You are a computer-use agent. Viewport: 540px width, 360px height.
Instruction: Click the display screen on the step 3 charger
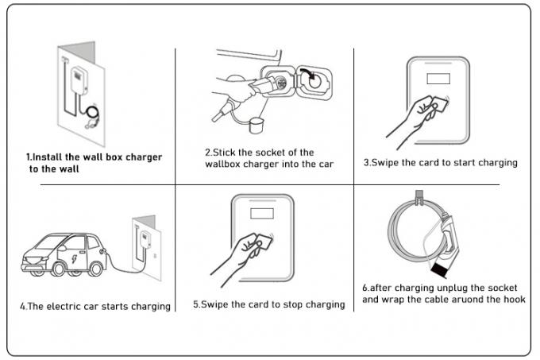(436, 79)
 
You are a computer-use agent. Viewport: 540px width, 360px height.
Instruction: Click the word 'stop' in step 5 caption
(285, 304)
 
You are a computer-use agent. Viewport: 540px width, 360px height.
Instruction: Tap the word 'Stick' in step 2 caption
(226, 152)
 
